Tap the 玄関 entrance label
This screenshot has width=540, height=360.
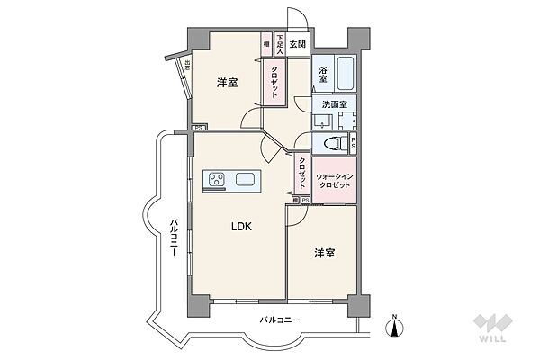(298, 44)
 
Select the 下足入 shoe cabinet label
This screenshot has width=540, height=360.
(280, 45)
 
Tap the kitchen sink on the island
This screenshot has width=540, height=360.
(247, 179)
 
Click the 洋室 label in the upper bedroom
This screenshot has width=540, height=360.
(227, 84)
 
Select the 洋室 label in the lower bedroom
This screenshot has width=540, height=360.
(325, 253)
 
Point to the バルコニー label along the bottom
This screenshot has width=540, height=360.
(280, 320)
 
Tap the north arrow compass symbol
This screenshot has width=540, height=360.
(395, 326)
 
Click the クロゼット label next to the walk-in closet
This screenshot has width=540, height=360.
(301, 174)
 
